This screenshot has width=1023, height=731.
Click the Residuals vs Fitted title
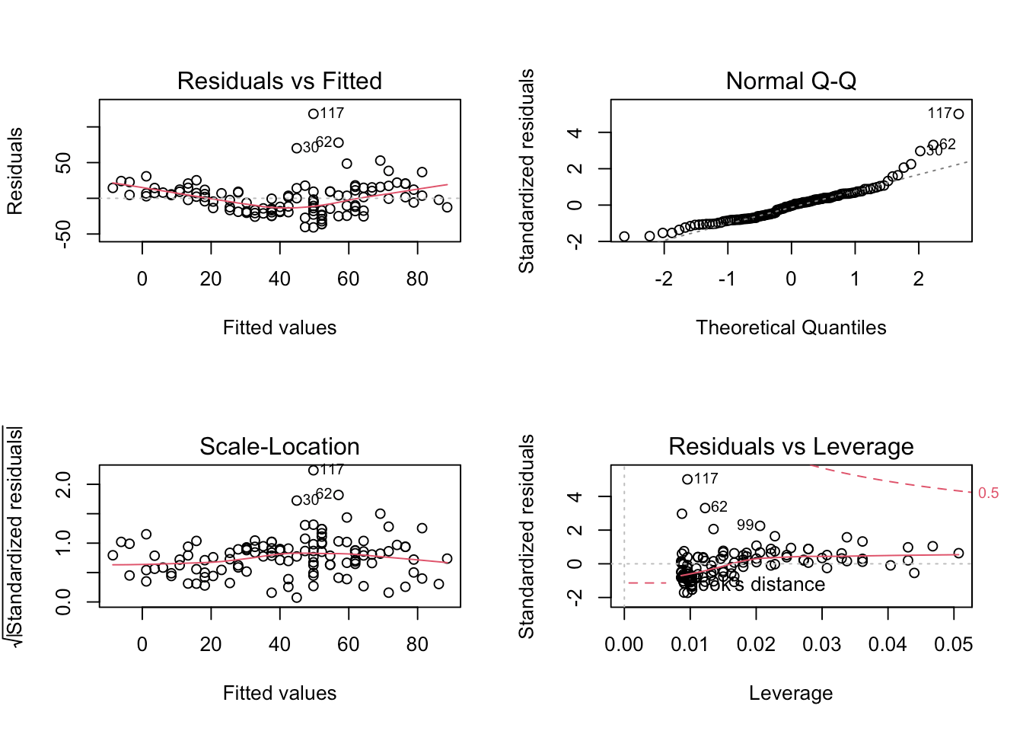pyautogui.click(x=279, y=81)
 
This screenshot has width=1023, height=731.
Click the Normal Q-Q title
pyautogui.click(x=791, y=81)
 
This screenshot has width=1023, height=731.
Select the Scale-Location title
pyautogui.click(x=279, y=446)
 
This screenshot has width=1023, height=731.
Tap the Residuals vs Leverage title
pyautogui.click(x=791, y=446)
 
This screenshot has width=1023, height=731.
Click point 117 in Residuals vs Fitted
pyautogui.click(x=313, y=113)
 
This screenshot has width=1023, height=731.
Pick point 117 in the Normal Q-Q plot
pyautogui.click(x=958, y=113)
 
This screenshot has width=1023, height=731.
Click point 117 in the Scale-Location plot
pyautogui.click(x=313, y=470)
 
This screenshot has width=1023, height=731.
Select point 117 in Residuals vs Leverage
pyautogui.click(x=687, y=479)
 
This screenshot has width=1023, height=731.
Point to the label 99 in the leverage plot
pyautogui.click(x=745, y=525)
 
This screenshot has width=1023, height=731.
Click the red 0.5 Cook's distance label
pyautogui.click(x=988, y=493)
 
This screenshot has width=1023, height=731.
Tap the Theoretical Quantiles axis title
pyautogui.click(x=791, y=327)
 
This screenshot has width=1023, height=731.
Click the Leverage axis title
pyautogui.click(x=791, y=693)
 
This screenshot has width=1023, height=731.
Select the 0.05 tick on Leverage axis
pyautogui.click(x=953, y=644)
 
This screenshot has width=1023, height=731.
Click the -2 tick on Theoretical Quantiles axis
pyautogui.click(x=663, y=279)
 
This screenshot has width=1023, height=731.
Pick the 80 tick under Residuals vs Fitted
pyautogui.click(x=417, y=279)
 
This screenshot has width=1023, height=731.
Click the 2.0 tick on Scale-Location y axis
pyautogui.click(x=64, y=484)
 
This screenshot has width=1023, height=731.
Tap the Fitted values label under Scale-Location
pyautogui.click(x=279, y=693)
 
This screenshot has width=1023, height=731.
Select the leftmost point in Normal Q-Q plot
pyautogui.click(x=624, y=236)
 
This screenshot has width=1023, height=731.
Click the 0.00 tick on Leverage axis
pyautogui.click(x=624, y=644)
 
